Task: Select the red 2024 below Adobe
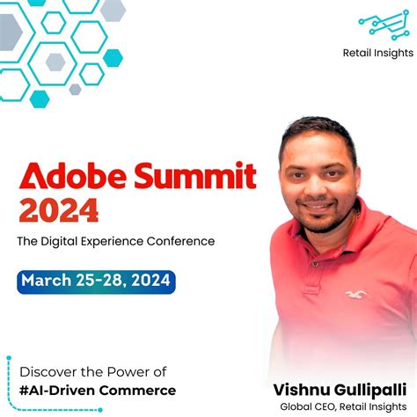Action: click(59, 210)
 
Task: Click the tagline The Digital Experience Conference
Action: click(115, 240)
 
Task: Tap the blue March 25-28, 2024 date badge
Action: click(96, 282)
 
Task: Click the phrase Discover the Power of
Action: click(92, 371)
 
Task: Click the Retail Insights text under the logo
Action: click(377, 53)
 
